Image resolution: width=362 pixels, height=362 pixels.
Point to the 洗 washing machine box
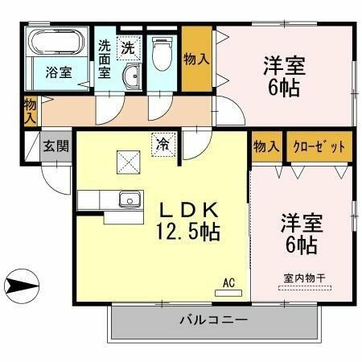(129, 47)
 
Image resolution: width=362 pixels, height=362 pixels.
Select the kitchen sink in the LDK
(126, 200)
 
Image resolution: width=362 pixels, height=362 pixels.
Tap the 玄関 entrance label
(55, 146)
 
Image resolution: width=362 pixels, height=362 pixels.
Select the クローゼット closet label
(319, 146)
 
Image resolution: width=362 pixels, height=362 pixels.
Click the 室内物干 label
(304, 278)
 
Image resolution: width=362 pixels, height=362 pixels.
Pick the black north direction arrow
(23, 284)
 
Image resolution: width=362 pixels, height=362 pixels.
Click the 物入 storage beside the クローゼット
(265, 146)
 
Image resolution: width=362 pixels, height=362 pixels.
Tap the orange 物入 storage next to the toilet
(195, 58)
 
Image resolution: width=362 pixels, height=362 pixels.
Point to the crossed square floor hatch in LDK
(126, 162)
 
